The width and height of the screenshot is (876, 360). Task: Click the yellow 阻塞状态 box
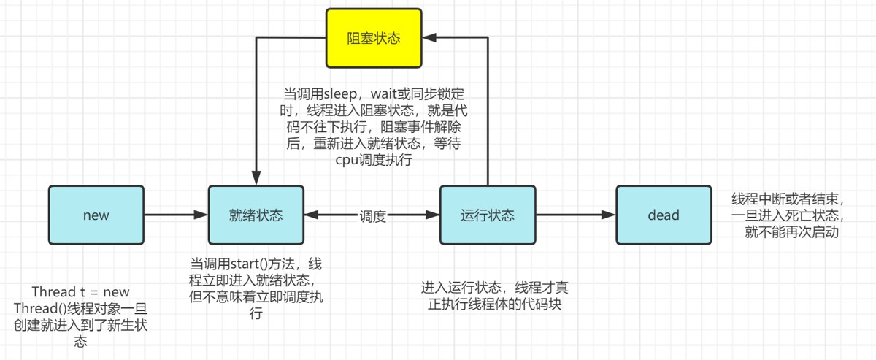pyautogui.click(x=373, y=37)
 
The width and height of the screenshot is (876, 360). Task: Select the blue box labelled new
pyautogui.click(x=96, y=215)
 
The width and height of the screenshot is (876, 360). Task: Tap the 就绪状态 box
pyautogui.click(x=256, y=215)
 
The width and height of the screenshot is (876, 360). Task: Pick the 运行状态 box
pyautogui.click(x=488, y=215)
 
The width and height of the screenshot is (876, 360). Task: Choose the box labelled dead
pyautogui.click(x=663, y=215)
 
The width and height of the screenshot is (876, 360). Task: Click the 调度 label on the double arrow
pyautogui.click(x=372, y=216)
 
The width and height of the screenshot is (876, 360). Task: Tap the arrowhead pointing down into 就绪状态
pyautogui.click(x=256, y=177)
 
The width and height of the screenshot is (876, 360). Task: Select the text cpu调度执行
pyautogui.click(x=373, y=160)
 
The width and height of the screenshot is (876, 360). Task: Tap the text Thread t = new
pyautogui.click(x=80, y=291)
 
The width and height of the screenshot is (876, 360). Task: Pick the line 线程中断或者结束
pyautogui.click(x=788, y=199)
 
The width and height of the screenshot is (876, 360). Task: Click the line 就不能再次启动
pyautogui.click(x=791, y=233)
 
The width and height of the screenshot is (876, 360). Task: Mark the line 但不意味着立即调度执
pyautogui.click(x=256, y=297)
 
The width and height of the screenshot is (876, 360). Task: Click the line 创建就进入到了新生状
pyautogui.click(x=80, y=325)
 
